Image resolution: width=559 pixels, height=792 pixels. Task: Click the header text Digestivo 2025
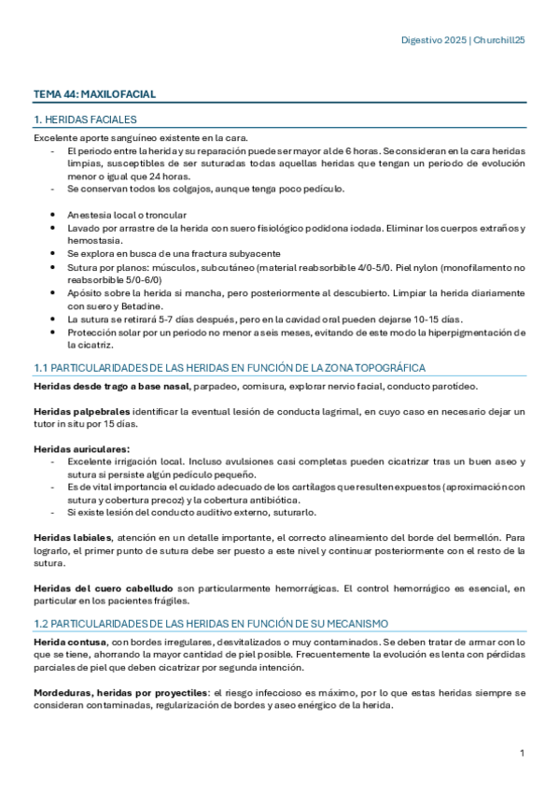click(x=434, y=41)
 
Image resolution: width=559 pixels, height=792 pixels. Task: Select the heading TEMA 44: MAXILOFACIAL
click(x=94, y=94)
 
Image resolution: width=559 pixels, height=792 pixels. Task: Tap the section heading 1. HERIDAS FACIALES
click(x=85, y=120)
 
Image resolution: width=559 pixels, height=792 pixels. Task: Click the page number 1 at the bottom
click(x=523, y=752)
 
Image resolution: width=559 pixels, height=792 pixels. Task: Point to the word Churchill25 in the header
click(x=500, y=41)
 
